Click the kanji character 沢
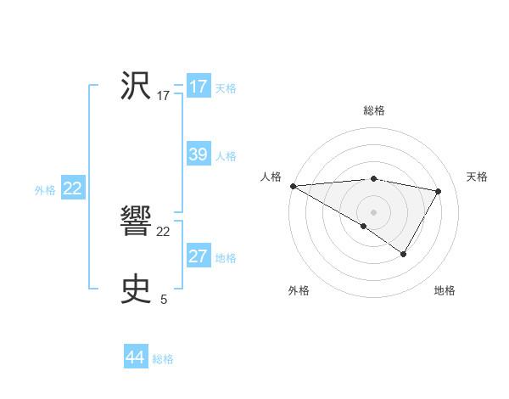click(x=136, y=87)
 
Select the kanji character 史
click(x=136, y=289)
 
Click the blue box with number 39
click(x=199, y=155)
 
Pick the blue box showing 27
click(x=199, y=256)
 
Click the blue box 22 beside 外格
click(x=72, y=188)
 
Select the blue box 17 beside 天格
click(x=199, y=87)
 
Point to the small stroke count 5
click(x=164, y=299)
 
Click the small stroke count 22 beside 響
click(x=164, y=232)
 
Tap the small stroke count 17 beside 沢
click(x=164, y=96)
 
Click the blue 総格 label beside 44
click(x=163, y=359)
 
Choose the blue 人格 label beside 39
click(x=226, y=156)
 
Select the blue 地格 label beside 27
click(x=226, y=258)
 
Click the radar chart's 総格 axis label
click(x=374, y=110)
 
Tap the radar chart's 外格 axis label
click(x=299, y=290)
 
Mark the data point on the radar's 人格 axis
click(x=293, y=185)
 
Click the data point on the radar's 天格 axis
click(x=439, y=191)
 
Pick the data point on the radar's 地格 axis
click(x=404, y=254)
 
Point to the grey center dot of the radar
click(x=373, y=211)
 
